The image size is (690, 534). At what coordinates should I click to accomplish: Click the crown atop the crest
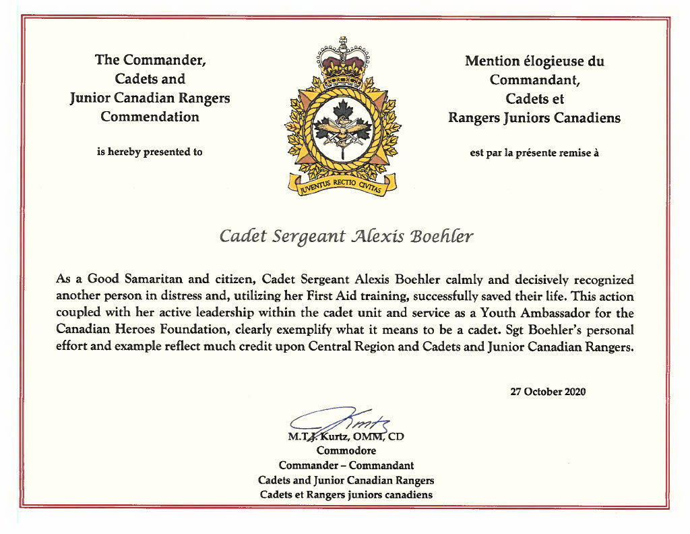point(342,64)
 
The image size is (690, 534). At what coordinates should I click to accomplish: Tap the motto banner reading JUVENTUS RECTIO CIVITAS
point(342,183)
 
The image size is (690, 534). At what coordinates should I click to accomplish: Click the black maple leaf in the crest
point(342,111)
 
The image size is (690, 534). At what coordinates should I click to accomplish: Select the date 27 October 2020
point(547,392)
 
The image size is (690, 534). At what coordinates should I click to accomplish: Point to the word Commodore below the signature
point(346,450)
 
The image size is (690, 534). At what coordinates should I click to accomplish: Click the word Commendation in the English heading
point(150,117)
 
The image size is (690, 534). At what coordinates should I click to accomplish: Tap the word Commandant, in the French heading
point(534,80)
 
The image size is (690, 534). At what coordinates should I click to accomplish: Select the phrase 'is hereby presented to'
point(150,152)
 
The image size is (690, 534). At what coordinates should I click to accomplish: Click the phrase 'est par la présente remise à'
point(534,152)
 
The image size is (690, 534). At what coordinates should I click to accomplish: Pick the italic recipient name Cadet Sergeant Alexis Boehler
point(346,237)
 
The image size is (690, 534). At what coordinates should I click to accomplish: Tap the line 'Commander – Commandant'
point(346,465)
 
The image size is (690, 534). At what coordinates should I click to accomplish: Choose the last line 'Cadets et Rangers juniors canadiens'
point(346,495)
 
